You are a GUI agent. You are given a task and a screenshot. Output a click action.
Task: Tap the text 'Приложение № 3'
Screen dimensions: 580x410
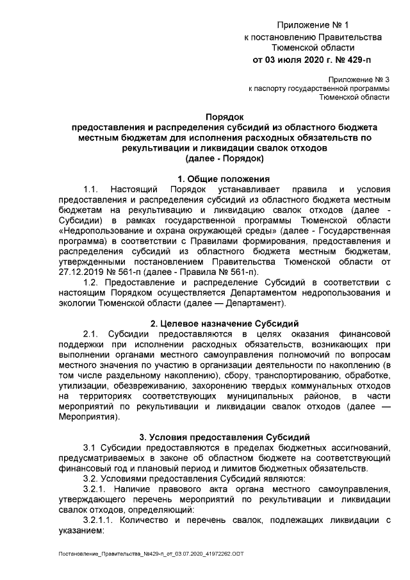coord(359,78)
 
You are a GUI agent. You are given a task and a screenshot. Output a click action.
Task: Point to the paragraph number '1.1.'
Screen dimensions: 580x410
coord(92,189)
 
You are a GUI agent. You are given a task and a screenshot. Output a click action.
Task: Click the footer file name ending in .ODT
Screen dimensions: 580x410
coord(142,553)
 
